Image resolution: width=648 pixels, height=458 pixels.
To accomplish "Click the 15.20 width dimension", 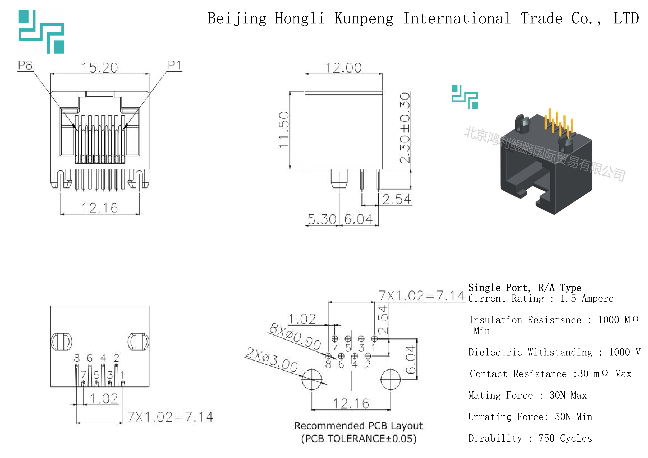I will click(100, 68).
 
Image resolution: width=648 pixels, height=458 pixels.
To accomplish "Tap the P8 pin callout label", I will click(25, 65).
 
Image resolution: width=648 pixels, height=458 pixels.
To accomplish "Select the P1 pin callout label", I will click(174, 65).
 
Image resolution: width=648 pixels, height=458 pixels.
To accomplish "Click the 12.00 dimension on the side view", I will click(343, 68).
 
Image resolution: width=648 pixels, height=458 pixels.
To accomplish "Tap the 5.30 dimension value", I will click(322, 219).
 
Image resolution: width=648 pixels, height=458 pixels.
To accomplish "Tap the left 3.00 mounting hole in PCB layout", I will click(312, 379).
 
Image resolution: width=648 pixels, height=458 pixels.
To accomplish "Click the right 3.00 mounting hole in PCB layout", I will click(391, 379).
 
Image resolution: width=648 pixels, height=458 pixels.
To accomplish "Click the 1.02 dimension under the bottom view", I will click(104, 398).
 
